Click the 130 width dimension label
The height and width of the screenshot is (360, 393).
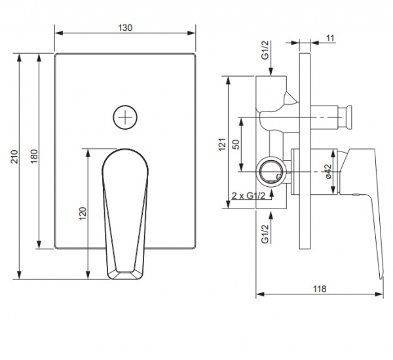coord(125,28)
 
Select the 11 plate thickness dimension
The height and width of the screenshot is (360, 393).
coord(329,39)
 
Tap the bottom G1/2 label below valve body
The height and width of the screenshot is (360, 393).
coord(265,234)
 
